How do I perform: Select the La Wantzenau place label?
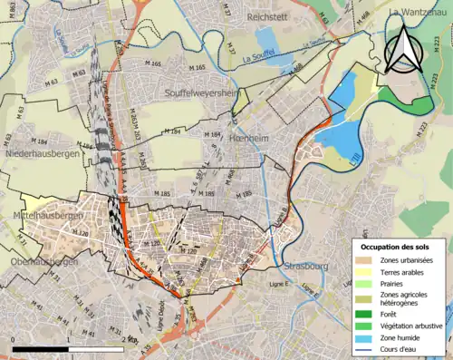pos(419,12)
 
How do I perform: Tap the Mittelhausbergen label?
pos(42,218)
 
